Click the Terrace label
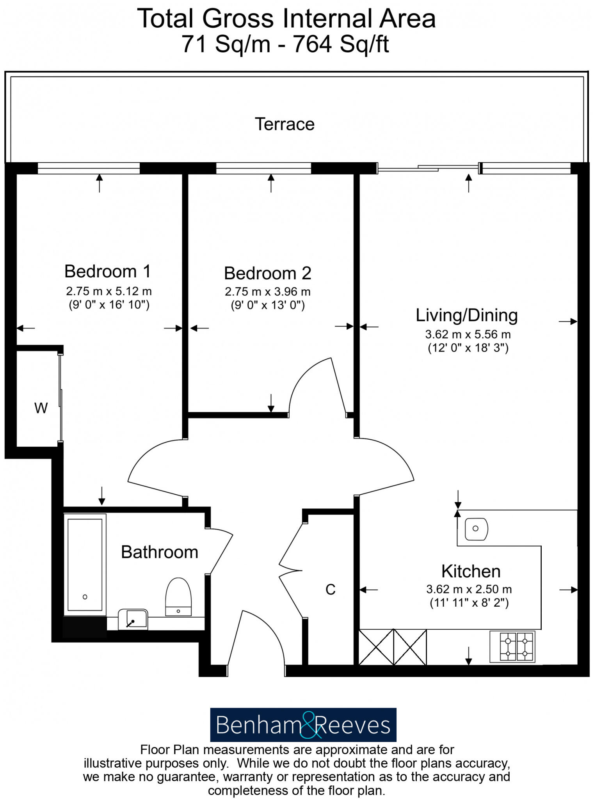point(285,124)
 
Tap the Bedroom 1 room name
point(107,271)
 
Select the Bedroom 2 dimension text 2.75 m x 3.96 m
point(267,291)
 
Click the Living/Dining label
point(466,315)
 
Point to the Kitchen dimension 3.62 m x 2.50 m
point(469,589)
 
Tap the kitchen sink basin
point(476,529)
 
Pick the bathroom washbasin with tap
point(133,620)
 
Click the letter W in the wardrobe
point(41,408)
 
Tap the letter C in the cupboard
point(330,589)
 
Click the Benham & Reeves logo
point(303,725)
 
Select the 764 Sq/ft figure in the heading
point(341,44)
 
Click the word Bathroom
point(159,552)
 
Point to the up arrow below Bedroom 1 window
point(100,183)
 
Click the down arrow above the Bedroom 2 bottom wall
point(271,403)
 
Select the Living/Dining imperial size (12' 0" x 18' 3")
point(468,348)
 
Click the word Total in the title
point(165,18)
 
